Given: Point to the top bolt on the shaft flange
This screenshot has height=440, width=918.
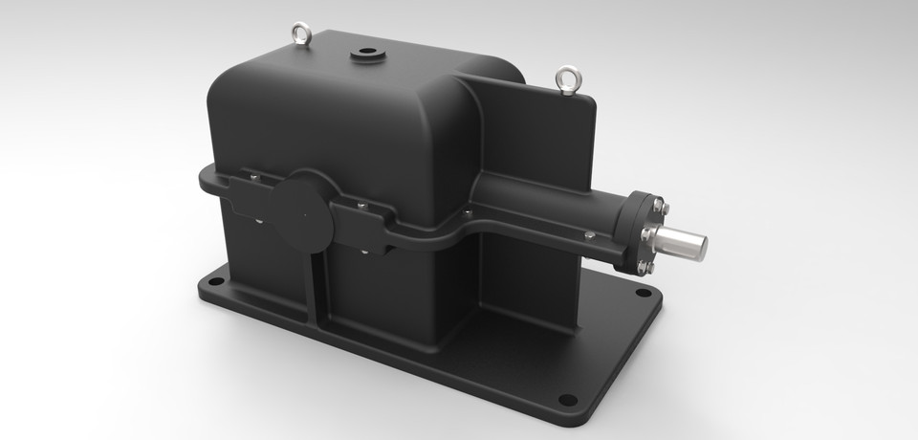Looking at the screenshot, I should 658,202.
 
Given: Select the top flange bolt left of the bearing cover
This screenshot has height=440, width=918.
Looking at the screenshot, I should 252,175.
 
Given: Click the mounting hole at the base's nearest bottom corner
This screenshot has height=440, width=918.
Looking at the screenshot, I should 566,399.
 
